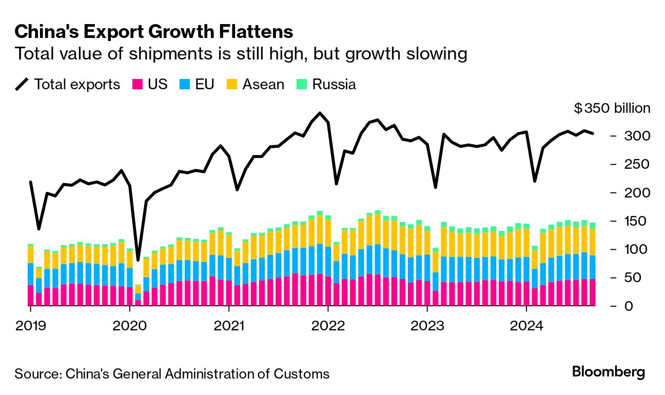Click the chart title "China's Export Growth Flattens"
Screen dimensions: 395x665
(x=154, y=32)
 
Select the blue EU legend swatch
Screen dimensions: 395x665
(x=185, y=85)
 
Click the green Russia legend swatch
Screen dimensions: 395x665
(x=302, y=85)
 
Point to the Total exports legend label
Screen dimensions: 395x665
(x=77, y=85)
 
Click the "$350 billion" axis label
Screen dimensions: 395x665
(x=612, y=108)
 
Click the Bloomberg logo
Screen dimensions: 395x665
(x=609, y=372)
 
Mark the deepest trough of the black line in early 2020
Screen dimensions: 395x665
(x=138, y=260)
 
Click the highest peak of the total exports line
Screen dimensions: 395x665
(x=320, y=113)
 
